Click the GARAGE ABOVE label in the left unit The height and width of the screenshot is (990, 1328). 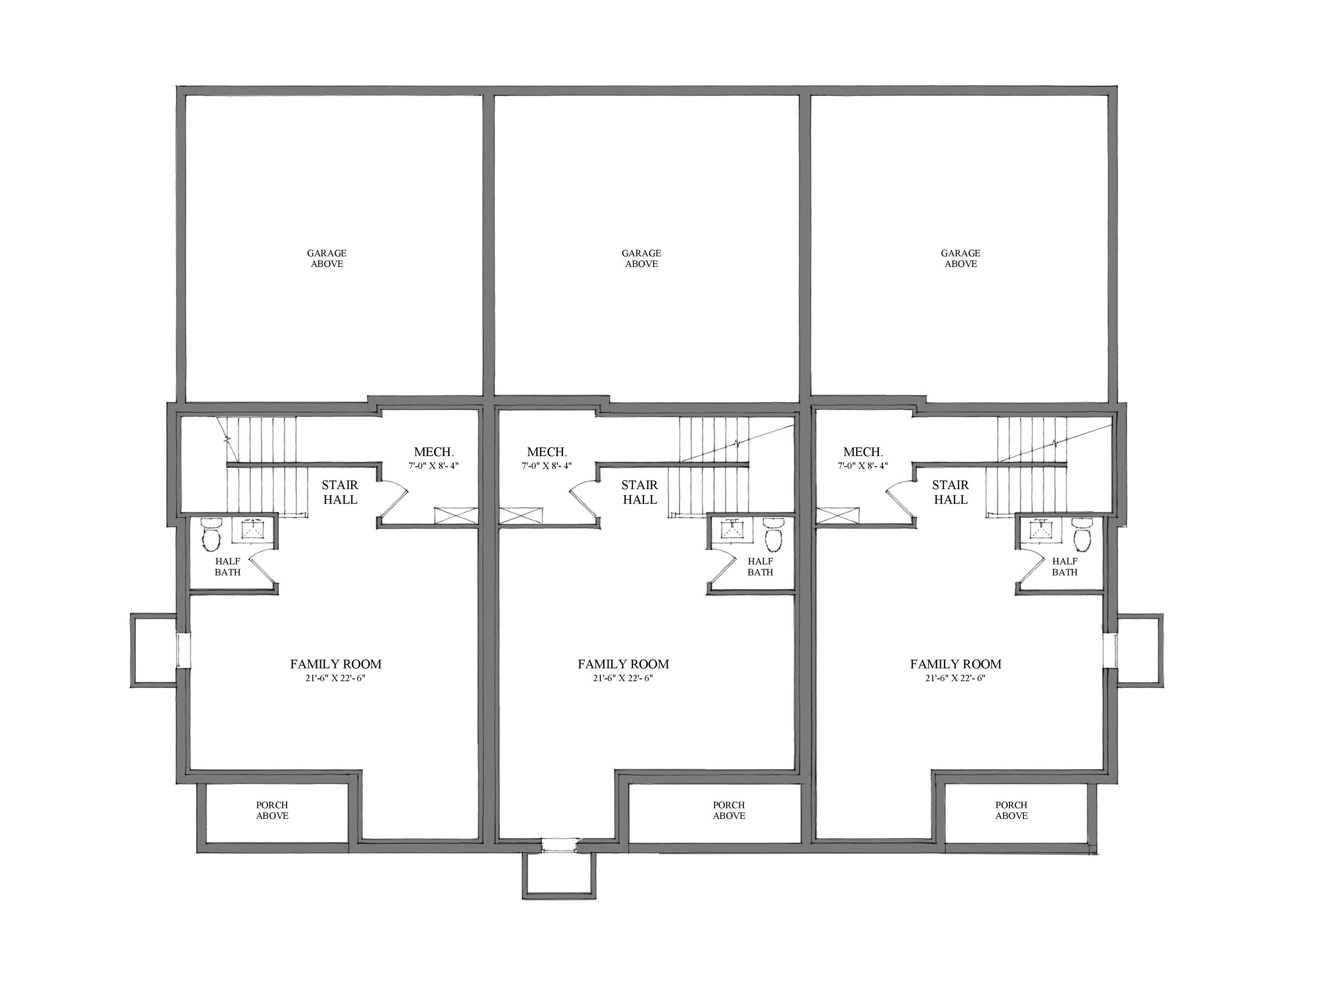[x=326, y=258]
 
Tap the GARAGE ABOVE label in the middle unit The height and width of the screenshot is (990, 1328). [x=641, y=258]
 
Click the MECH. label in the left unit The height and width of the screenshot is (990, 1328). [x=434, y=452]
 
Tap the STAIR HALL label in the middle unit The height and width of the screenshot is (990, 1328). [x=639, y=492]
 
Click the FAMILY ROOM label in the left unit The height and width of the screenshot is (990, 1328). [x=336, y=664]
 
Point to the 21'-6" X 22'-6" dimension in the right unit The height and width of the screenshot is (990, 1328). [x=955, y=678]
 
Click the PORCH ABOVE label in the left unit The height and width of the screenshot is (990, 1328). [x=272, y=810]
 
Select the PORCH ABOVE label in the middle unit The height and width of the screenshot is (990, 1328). [x=729, y=810]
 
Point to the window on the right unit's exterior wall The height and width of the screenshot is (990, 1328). [x=1109, y=650]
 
